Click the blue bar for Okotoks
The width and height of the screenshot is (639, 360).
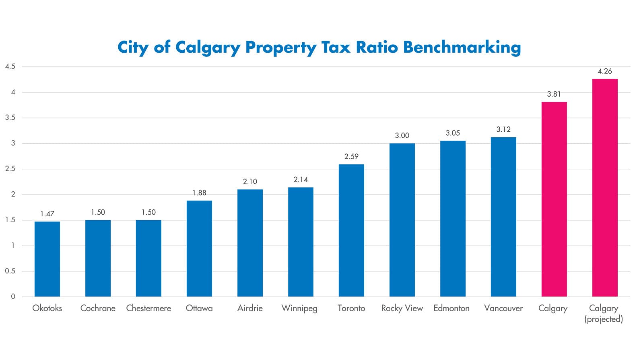click(47, 259)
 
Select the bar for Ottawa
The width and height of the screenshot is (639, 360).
click(199, 248)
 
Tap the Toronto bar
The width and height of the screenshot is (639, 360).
click(351, 230)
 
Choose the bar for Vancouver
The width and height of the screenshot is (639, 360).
click(503, 217)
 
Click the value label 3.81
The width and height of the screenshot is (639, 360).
click(554, 94)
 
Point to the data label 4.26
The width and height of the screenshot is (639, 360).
click(605, 71)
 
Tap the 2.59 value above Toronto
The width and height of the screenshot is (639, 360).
click(351, 157)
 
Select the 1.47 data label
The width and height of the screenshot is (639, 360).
click(47, 214)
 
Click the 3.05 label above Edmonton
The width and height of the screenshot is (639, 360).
click(453, 133)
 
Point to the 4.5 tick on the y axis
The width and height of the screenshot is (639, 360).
click(10, 67)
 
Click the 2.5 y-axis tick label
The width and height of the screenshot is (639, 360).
click(10, 169)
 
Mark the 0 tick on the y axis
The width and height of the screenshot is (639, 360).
click(13, 297)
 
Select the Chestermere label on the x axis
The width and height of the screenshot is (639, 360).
click(148, 308)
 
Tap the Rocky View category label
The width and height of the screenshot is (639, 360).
click(402, 308)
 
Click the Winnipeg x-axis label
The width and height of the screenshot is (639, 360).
click(299, 308)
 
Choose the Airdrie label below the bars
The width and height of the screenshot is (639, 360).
click(250, 308)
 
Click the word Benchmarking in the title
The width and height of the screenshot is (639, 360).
click(462, 48)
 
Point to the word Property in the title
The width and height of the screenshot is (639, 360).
click(281, 48)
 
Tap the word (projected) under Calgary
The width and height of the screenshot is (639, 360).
click(604, 319)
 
